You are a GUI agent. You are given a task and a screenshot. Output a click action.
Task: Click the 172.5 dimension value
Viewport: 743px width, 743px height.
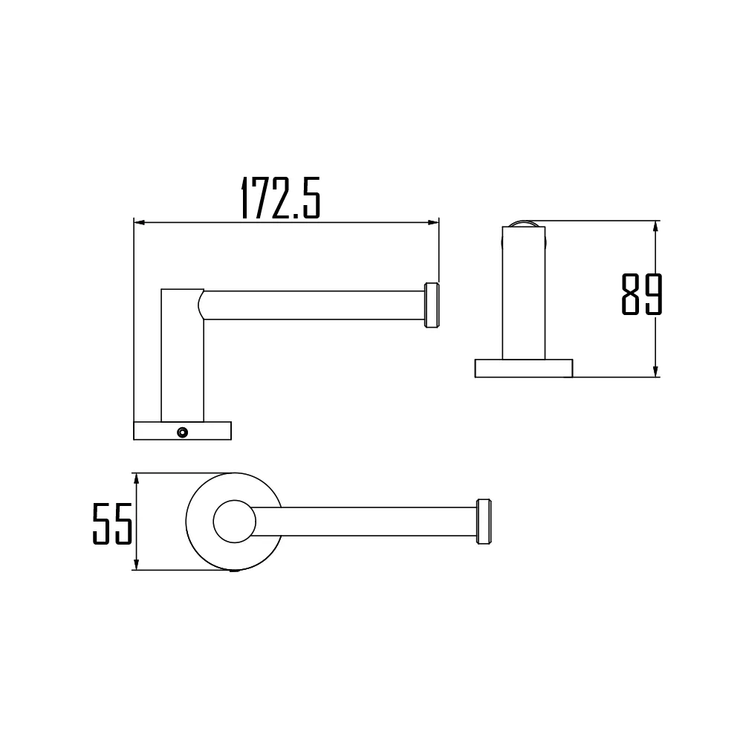point(280,198)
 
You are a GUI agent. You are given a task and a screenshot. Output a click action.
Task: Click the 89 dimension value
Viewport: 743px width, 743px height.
point(640,295)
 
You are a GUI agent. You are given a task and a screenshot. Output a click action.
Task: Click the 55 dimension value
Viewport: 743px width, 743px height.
point(112,524)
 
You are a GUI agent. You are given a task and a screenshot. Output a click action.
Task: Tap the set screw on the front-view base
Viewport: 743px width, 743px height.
point(181,432)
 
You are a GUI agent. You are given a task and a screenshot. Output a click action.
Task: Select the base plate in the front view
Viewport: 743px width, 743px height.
point(183,431)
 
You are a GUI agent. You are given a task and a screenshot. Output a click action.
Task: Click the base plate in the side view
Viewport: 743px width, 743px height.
point(524,368)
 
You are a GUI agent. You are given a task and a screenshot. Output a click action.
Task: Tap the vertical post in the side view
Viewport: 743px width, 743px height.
point(523,297)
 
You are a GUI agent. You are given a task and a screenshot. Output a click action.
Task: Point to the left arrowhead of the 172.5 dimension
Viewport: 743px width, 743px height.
point(138,221)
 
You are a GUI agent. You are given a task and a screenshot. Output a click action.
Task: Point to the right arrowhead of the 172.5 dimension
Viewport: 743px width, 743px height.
point(434,221)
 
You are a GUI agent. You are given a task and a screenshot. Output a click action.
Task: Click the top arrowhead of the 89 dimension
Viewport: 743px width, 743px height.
point(655,226)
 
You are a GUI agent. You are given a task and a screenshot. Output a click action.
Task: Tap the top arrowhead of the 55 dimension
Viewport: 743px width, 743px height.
point(137,478)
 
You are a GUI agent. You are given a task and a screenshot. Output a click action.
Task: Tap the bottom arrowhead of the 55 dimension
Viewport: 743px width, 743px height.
point(137,566)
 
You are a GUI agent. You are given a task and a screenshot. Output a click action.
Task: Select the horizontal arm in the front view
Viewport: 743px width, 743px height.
point(312,305)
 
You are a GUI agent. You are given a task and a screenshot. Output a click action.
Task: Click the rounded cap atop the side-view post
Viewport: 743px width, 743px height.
point(524,224)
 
